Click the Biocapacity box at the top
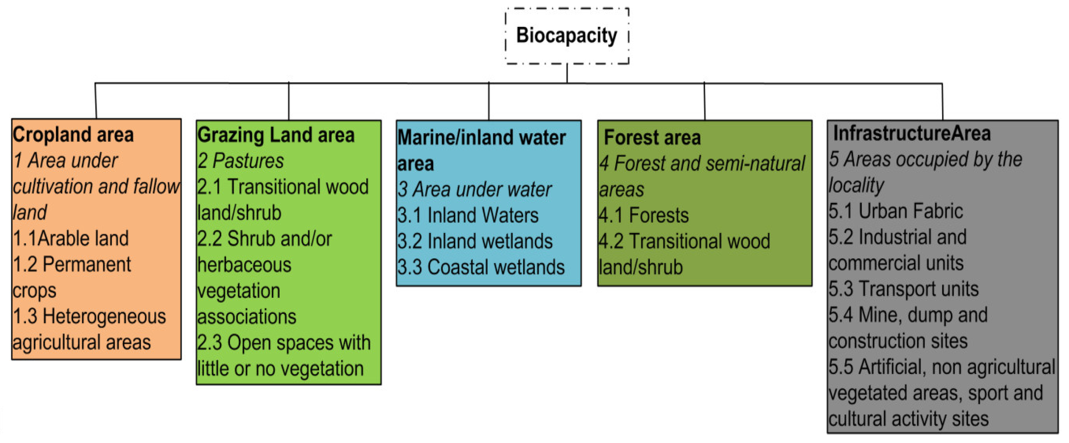tap(567, 36)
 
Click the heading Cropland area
tap(73, 135)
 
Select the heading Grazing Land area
tap(276, 135)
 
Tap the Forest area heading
tap(652, 138)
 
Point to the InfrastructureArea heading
tap(912, 134)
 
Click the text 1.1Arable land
tap(70, 238)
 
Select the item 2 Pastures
tap(240, 161)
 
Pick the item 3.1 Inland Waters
tap(468, 215)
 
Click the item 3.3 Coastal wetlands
tap(481, 267)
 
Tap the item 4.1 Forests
tap(644, 215)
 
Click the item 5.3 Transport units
tap(903, 289)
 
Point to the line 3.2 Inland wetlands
tap(475, 242)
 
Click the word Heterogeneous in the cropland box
tap(104, 316)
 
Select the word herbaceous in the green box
tap(244, 265)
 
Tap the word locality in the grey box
tap(856, 185)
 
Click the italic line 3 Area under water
tap(474, 189)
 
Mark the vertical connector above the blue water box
tap(489, 102)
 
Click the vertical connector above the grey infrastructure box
tap(942, 102)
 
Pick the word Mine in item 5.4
tap(876, 315)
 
